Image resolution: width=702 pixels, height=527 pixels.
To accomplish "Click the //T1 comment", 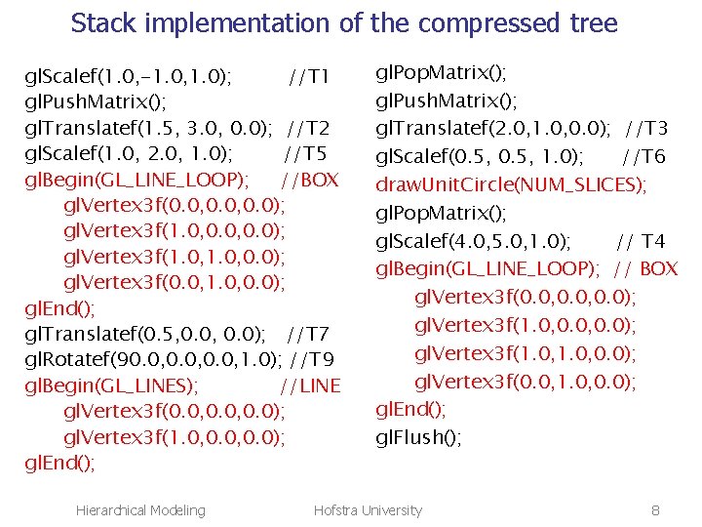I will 310,76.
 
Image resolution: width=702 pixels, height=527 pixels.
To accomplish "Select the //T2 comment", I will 310,128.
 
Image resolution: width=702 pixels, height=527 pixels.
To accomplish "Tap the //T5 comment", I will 305,153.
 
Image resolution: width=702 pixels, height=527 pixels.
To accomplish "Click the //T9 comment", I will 321,360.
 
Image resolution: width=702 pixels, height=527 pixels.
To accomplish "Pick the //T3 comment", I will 646,128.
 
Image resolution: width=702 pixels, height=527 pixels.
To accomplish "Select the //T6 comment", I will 643,156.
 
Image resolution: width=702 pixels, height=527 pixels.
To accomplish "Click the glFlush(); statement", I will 419,437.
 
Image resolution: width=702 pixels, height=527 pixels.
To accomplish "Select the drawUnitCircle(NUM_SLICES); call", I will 512,184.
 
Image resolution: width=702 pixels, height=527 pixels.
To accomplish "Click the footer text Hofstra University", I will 368,510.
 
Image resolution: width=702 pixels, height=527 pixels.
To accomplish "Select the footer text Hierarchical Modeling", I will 140,510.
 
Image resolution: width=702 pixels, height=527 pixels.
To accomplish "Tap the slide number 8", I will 655,510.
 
